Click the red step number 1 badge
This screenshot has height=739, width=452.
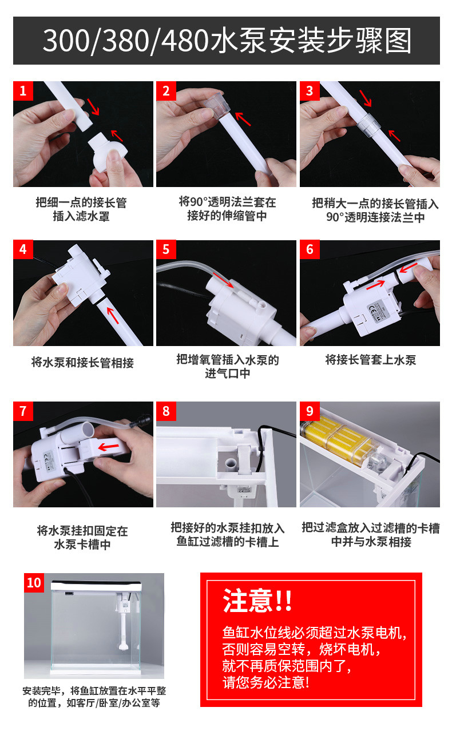[x=23, y=91]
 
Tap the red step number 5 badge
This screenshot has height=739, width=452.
[x=166, y=249]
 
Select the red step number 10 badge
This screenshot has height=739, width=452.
[x=34, y=583]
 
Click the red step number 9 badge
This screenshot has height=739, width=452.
[x=310, y=411]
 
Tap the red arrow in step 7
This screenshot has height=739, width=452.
[x=109, y=447]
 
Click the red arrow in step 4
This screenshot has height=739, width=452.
[x=113, y=315]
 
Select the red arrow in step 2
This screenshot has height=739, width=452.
[x=243, y=119]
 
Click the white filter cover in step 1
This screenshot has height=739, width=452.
[x=107, y=152]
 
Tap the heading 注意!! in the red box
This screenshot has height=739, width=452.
[x=257, y=601]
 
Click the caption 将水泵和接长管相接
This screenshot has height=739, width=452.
[x=82, y=363]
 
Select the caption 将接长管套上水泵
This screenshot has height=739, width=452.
[x=371, y=360]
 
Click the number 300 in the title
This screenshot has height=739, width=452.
[x=66, y=41]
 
